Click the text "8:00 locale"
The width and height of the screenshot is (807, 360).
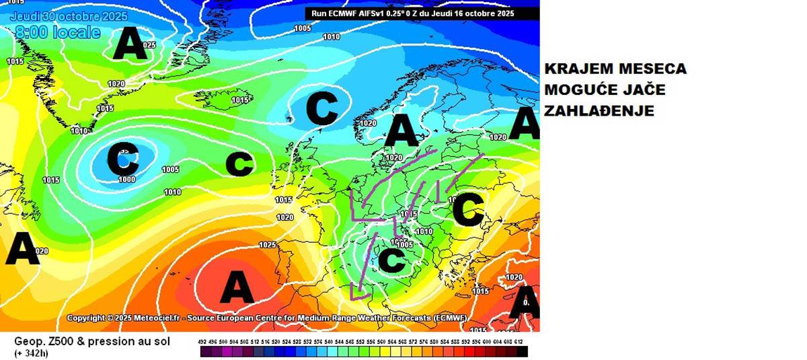point(57,32)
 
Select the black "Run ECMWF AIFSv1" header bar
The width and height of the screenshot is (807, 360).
point(422,13)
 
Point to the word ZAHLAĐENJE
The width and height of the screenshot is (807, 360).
point(599,112)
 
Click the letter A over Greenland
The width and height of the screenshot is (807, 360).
point(129,46)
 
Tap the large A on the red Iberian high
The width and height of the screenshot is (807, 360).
point(237,288)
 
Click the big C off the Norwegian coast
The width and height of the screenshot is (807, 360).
point(321,108)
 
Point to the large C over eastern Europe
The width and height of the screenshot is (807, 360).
point(468,210)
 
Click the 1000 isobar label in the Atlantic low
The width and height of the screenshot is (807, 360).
point(126,179)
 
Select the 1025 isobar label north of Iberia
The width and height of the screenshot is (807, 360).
point(268,244)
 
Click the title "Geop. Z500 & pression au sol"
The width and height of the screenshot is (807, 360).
point(92,341)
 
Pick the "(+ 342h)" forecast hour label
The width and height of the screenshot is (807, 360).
point(31,353)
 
